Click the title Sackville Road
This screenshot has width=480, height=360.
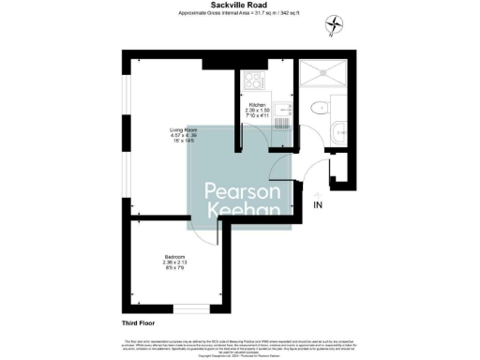pyautogui.click(x=239, y=5)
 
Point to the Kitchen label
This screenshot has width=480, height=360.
pyautogui.click(x=257, y=105)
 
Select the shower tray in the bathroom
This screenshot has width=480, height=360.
pyautogui.click(x=322, y=74)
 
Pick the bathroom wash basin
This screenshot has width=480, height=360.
pyautogui.click(x=340, y=131)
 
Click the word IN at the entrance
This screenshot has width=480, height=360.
pyautogui.click(x=318, y=204)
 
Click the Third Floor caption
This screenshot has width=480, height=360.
pyautogui.click(x=139, y=322)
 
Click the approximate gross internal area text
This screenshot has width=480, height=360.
pyautogui.click(x=239, y=13)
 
